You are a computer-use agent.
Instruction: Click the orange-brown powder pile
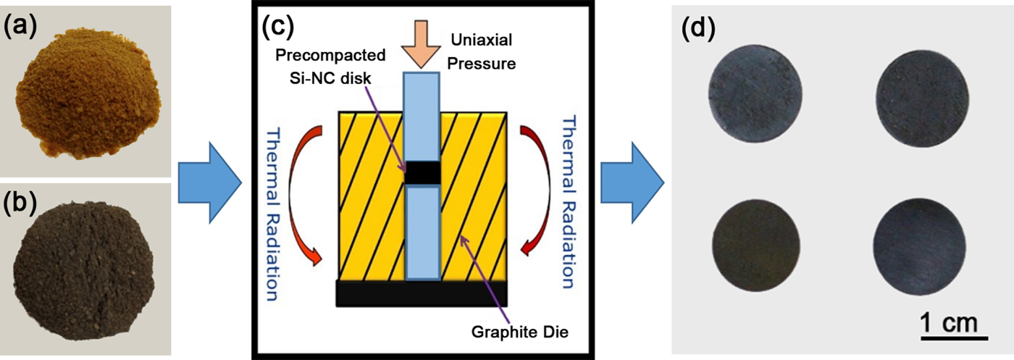click(x=85, y=98)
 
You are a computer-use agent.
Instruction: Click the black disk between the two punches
click(x=422, y=174)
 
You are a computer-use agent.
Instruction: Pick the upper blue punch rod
click(x=422, y=116)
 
